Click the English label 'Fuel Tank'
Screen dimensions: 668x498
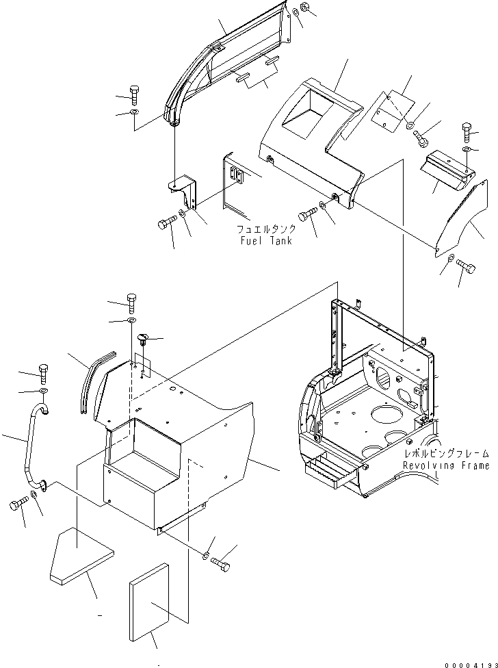(x=265, y=242)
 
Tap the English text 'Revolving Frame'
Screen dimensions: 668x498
(x=446, y=466)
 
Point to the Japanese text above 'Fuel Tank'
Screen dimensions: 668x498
(x=266, y=230)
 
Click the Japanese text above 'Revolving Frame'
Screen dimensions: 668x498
(x=447, y=454)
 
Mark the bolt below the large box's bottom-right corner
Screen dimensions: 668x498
(x=221, y=563)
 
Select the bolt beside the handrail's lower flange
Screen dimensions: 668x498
(x=17, y=506)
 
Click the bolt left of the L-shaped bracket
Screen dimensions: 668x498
(x=166, y=224)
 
